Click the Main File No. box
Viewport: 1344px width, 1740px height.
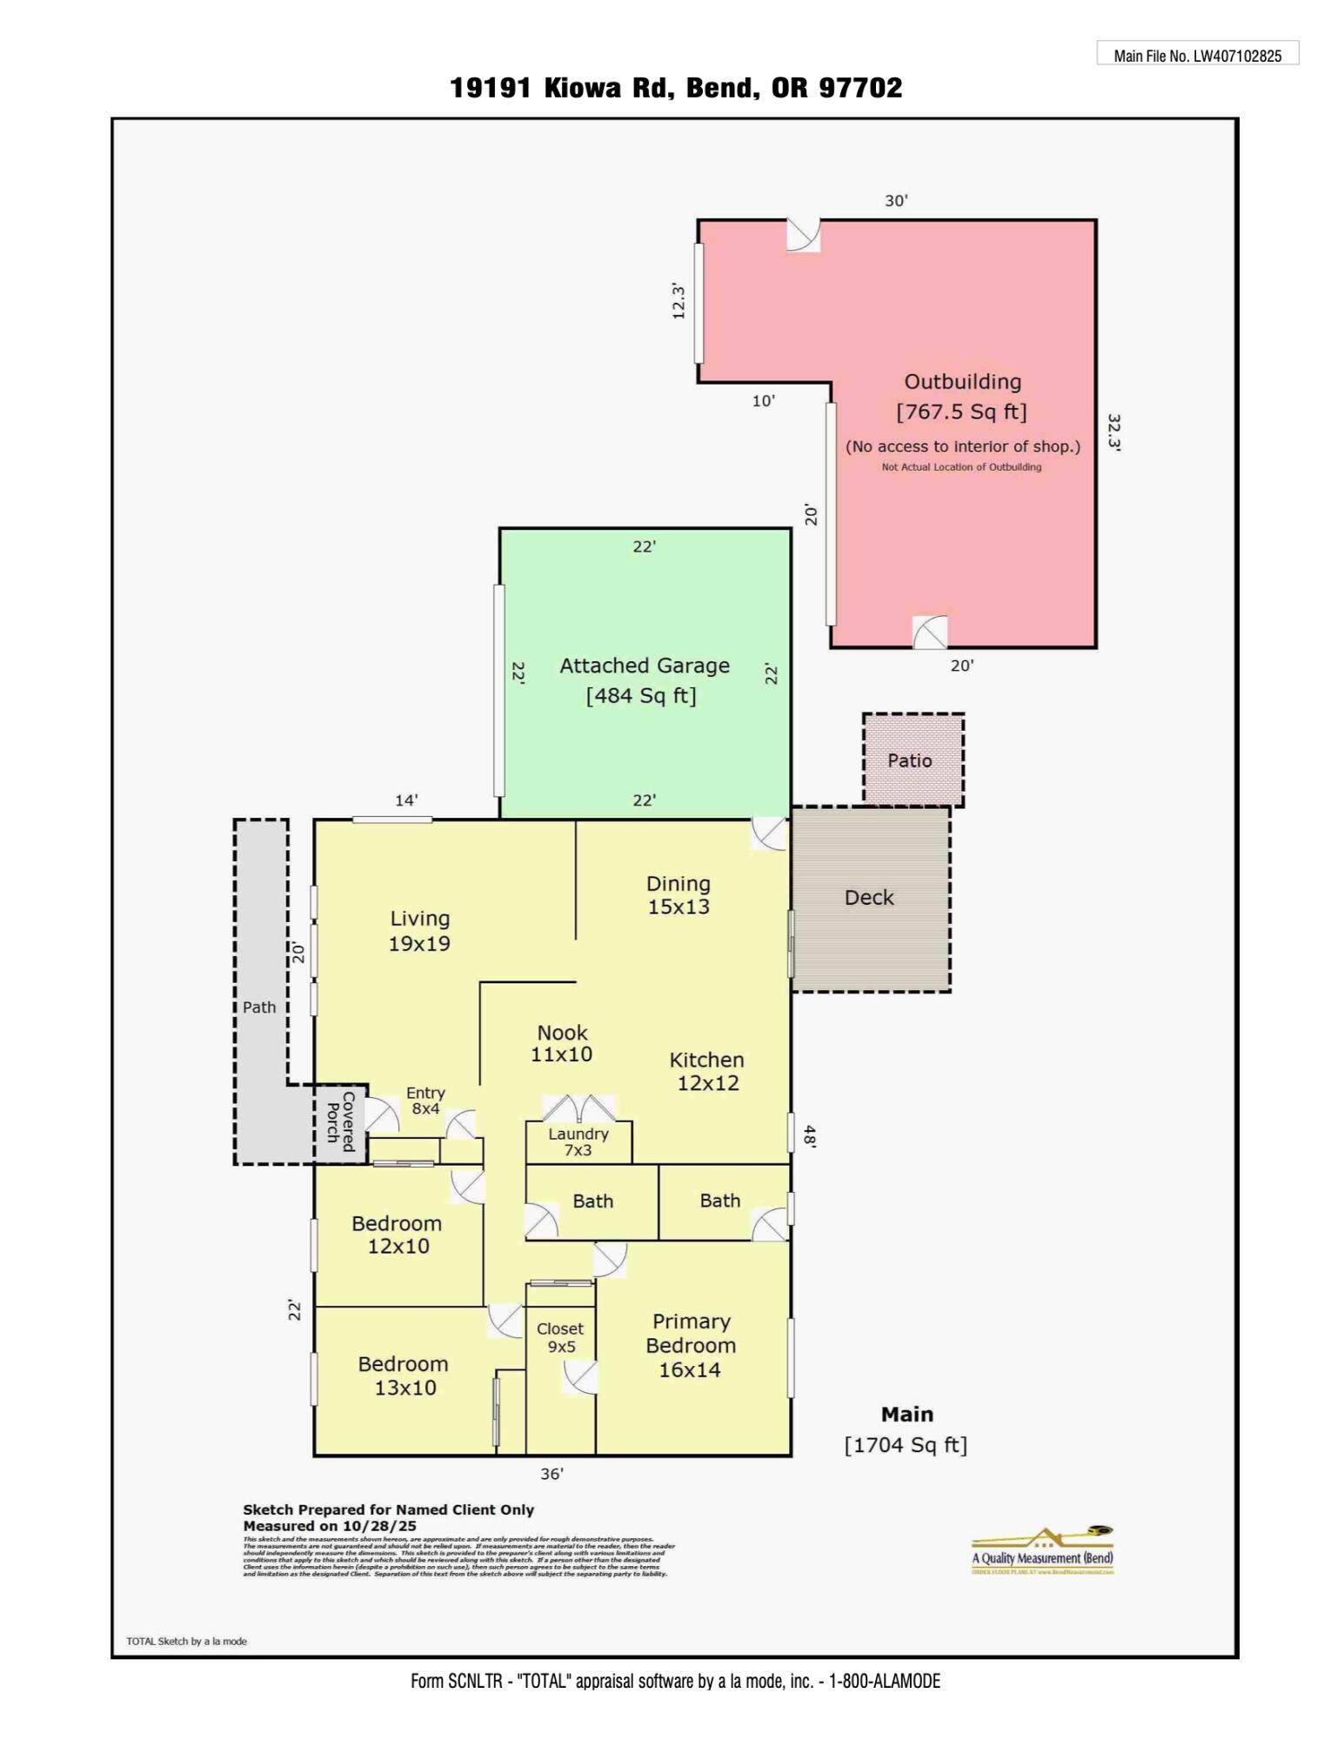[x=1197, y=54]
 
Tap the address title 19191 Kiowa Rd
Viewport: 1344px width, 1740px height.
[x=675, y=88]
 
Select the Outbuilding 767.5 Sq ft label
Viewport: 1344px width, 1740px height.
[x=962, y=397]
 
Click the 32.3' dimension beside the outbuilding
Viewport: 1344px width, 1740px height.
[x=1113, y=432]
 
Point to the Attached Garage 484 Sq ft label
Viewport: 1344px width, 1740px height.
[x=644, y=680]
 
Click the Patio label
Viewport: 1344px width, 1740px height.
[x=910, y=760]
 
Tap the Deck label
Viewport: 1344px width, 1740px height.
[x=869, y=898]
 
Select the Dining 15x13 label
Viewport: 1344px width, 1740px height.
[x=679, y=895]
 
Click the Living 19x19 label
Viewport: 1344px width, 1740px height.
[x=419, y=931]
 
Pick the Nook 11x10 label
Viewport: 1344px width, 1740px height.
[x=562, y=1043]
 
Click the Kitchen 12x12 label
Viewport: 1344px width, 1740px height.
[x=707, y=1071]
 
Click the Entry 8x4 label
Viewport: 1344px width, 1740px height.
[x=425, y=1101]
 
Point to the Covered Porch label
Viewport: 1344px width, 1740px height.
[x=340, y=1122]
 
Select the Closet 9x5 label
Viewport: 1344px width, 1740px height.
[x=560, y=1337]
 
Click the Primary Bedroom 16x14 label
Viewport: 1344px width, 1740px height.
[x=691, y=1345]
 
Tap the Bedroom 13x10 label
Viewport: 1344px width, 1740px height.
[x=404, y=1375]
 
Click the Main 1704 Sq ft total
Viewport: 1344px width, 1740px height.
[x=906, y=1429]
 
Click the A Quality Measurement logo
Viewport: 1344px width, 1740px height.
[x=1042, y=1551]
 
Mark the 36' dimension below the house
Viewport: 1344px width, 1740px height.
[x=552, y=1474]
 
